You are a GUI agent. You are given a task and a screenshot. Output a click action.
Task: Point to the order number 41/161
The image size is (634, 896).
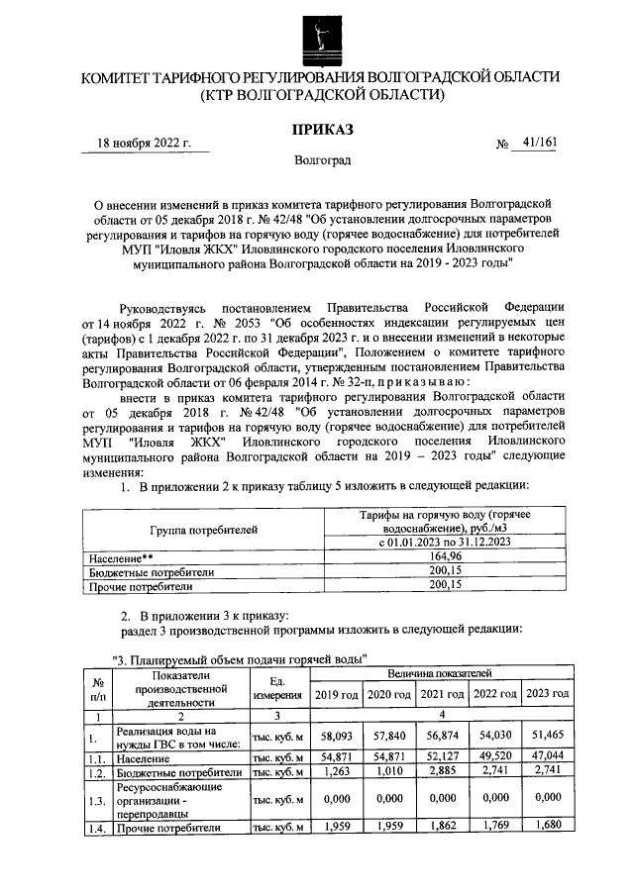coord(539,143)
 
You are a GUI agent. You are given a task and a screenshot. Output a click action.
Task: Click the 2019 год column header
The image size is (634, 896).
coord(336,694)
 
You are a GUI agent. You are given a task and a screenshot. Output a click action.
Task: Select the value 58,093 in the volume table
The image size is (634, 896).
coord(336,738)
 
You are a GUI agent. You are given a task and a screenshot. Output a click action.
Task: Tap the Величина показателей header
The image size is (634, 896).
coord(442,673)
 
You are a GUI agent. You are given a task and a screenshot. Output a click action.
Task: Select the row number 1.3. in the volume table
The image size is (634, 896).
coord(96,800)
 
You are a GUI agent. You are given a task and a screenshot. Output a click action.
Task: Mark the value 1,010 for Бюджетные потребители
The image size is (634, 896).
coord(388,771)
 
